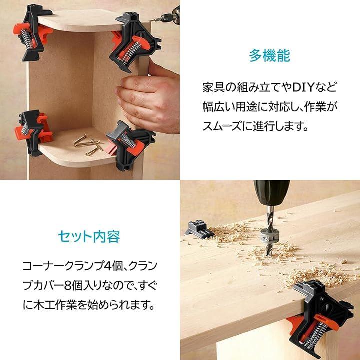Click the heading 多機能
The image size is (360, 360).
[x=270, y=56]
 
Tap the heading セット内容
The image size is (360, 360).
[x=89, y=236]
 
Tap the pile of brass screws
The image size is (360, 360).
[x=88, y=144]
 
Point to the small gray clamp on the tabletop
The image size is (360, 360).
[x=199, y=229]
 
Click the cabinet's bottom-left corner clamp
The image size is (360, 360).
[x=33, y=132]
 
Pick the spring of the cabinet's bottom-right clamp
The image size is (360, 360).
[x=128, y=140]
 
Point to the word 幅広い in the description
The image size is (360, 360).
[x=216, y=107]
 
